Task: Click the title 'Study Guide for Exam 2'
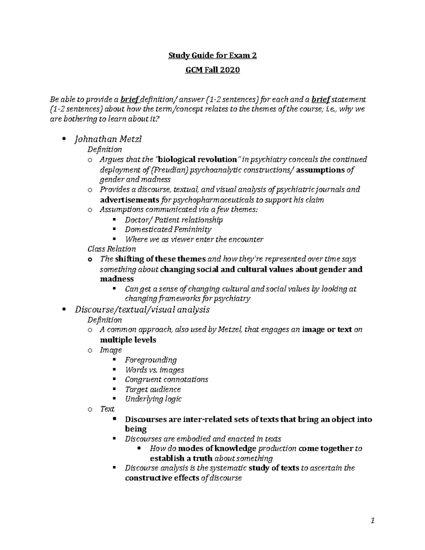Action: (212, 56)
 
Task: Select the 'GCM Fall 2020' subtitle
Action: (212, 70)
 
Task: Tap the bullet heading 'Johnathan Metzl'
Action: (108, 139)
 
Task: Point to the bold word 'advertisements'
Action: (130, 200)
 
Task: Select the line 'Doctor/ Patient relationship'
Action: (174, 220)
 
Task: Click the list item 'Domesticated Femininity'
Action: (168, 229)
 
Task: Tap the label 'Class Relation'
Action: (112, 249)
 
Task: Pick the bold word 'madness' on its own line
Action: (117, 279)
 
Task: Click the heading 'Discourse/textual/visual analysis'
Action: (142, 310)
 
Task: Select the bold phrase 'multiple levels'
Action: (128, 340)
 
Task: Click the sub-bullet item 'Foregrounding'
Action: (151, 360)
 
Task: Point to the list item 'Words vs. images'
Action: (154, 370)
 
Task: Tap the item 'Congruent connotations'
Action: (166, 380)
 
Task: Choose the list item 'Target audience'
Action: (153, 390)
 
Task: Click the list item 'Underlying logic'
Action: (153, 399)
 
